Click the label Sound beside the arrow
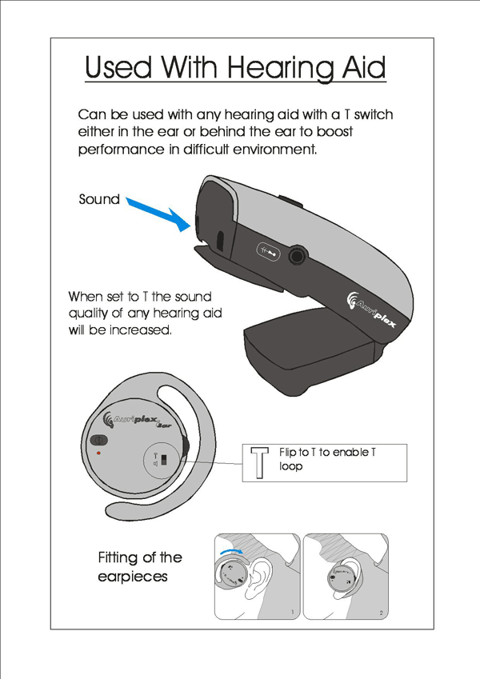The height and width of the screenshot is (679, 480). pyautogui.click(x=98, y=199)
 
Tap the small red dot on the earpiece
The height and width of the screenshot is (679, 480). pyautogui.click(x=98, y=453)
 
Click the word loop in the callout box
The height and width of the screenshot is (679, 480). pyautogui.click(x=291, y=466)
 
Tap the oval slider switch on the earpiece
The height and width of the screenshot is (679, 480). pyautogui.click(x=101, y=440)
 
